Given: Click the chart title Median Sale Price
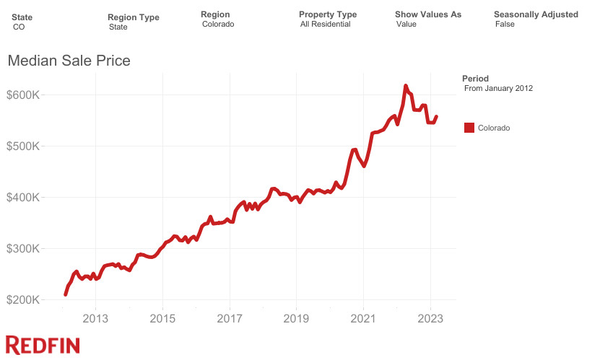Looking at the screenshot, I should click(x=69, y=61).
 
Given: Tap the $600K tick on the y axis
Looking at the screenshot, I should click(x=26, y=95).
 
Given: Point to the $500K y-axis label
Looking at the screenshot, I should click(x=26, y=146).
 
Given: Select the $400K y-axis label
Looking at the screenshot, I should click(x=26, y=198).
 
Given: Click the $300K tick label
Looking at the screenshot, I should click(x=26, y=249).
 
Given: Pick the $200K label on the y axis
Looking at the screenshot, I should click(x=26, y=300).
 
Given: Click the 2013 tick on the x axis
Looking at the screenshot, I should click(x=95, y=318).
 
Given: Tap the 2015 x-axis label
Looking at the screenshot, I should click(x=162, y=318).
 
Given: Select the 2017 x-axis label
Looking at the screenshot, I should click(x=230, y=318).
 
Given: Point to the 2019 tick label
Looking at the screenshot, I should click(x=297, y=318).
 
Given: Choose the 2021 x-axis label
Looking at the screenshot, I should click(x=364, y=318).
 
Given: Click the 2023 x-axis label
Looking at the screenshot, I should click(x=431, y=318).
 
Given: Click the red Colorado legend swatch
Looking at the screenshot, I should click(x=469, y=128).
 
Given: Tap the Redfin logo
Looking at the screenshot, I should click(x=43, y=345).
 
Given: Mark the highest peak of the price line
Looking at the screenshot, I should click(x=406, y=85).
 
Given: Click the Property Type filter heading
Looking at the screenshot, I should click(x=327, y=14).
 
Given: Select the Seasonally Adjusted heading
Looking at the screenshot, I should click(x=536, y=14).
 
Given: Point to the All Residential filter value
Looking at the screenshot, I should click(x=325, y=25).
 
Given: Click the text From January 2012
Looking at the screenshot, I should click(x=498, y=89).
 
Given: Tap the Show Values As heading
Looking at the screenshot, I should click(x=428, y=14).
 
